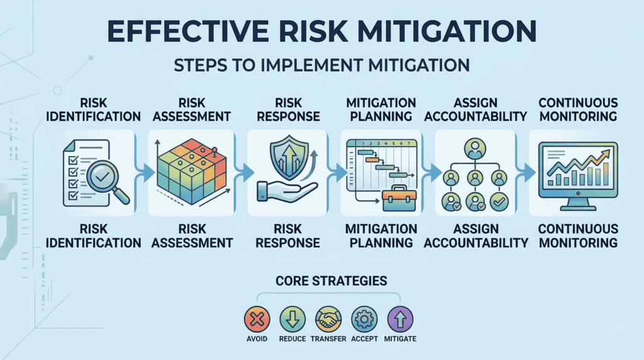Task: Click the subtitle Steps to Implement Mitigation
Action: coord(322,65)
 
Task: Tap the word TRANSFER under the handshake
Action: coord(327,340)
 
